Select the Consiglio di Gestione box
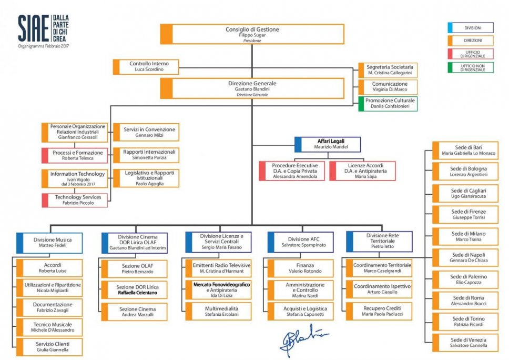[252, 34]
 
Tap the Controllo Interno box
[146, 66]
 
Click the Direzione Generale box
[252, 88]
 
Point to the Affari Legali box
[329, 144]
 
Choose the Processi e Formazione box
[75, 155]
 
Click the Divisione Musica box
[50, 243]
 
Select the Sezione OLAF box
[135, 269]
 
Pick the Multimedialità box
[218, 312]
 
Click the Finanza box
[301, 268]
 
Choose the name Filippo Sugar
[252, 35]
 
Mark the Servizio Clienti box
[49, 346]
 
